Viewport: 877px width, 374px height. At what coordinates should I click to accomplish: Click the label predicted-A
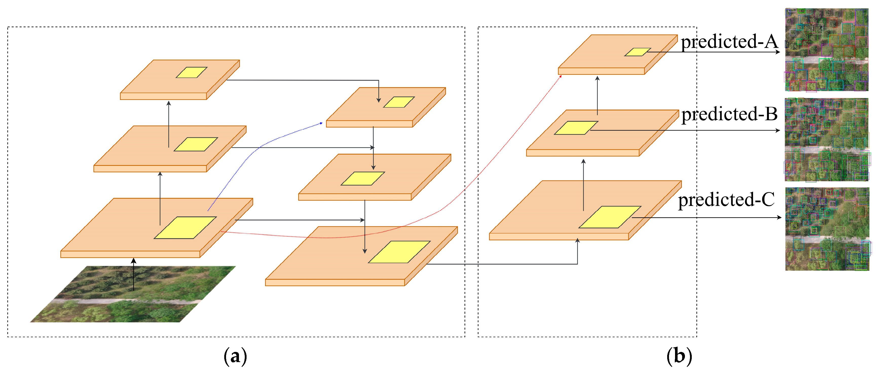(x=729, y=42)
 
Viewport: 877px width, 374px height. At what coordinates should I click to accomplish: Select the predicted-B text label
(x=729, y=114)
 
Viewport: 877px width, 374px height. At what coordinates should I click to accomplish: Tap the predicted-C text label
(x=726, y=200)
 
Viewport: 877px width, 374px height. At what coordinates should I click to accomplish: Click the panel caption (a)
(x=235, y=356)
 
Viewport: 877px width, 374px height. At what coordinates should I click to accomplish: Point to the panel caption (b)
(x=679, y=356)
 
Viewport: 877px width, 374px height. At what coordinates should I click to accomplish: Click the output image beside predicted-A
(x=827, y=50)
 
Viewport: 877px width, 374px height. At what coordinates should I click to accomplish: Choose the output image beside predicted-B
(x=827, y=140)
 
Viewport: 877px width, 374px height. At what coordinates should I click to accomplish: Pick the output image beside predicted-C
(x=827, y=229)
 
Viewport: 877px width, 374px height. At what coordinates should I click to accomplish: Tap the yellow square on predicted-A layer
(x=638, y=52)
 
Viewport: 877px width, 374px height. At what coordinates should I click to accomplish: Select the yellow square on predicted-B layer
(x=576, y=128)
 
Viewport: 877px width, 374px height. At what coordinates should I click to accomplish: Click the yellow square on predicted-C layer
(x=610, y=217)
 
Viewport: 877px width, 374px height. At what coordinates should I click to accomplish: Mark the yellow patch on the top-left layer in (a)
(x=191, y=72)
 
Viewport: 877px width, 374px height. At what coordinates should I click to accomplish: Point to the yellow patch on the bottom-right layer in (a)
(x=399, y=252)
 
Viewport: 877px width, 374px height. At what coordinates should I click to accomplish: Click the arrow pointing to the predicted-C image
(x=708, y=217)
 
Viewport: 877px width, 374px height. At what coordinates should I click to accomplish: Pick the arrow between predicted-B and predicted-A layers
(x=597, y=95)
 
